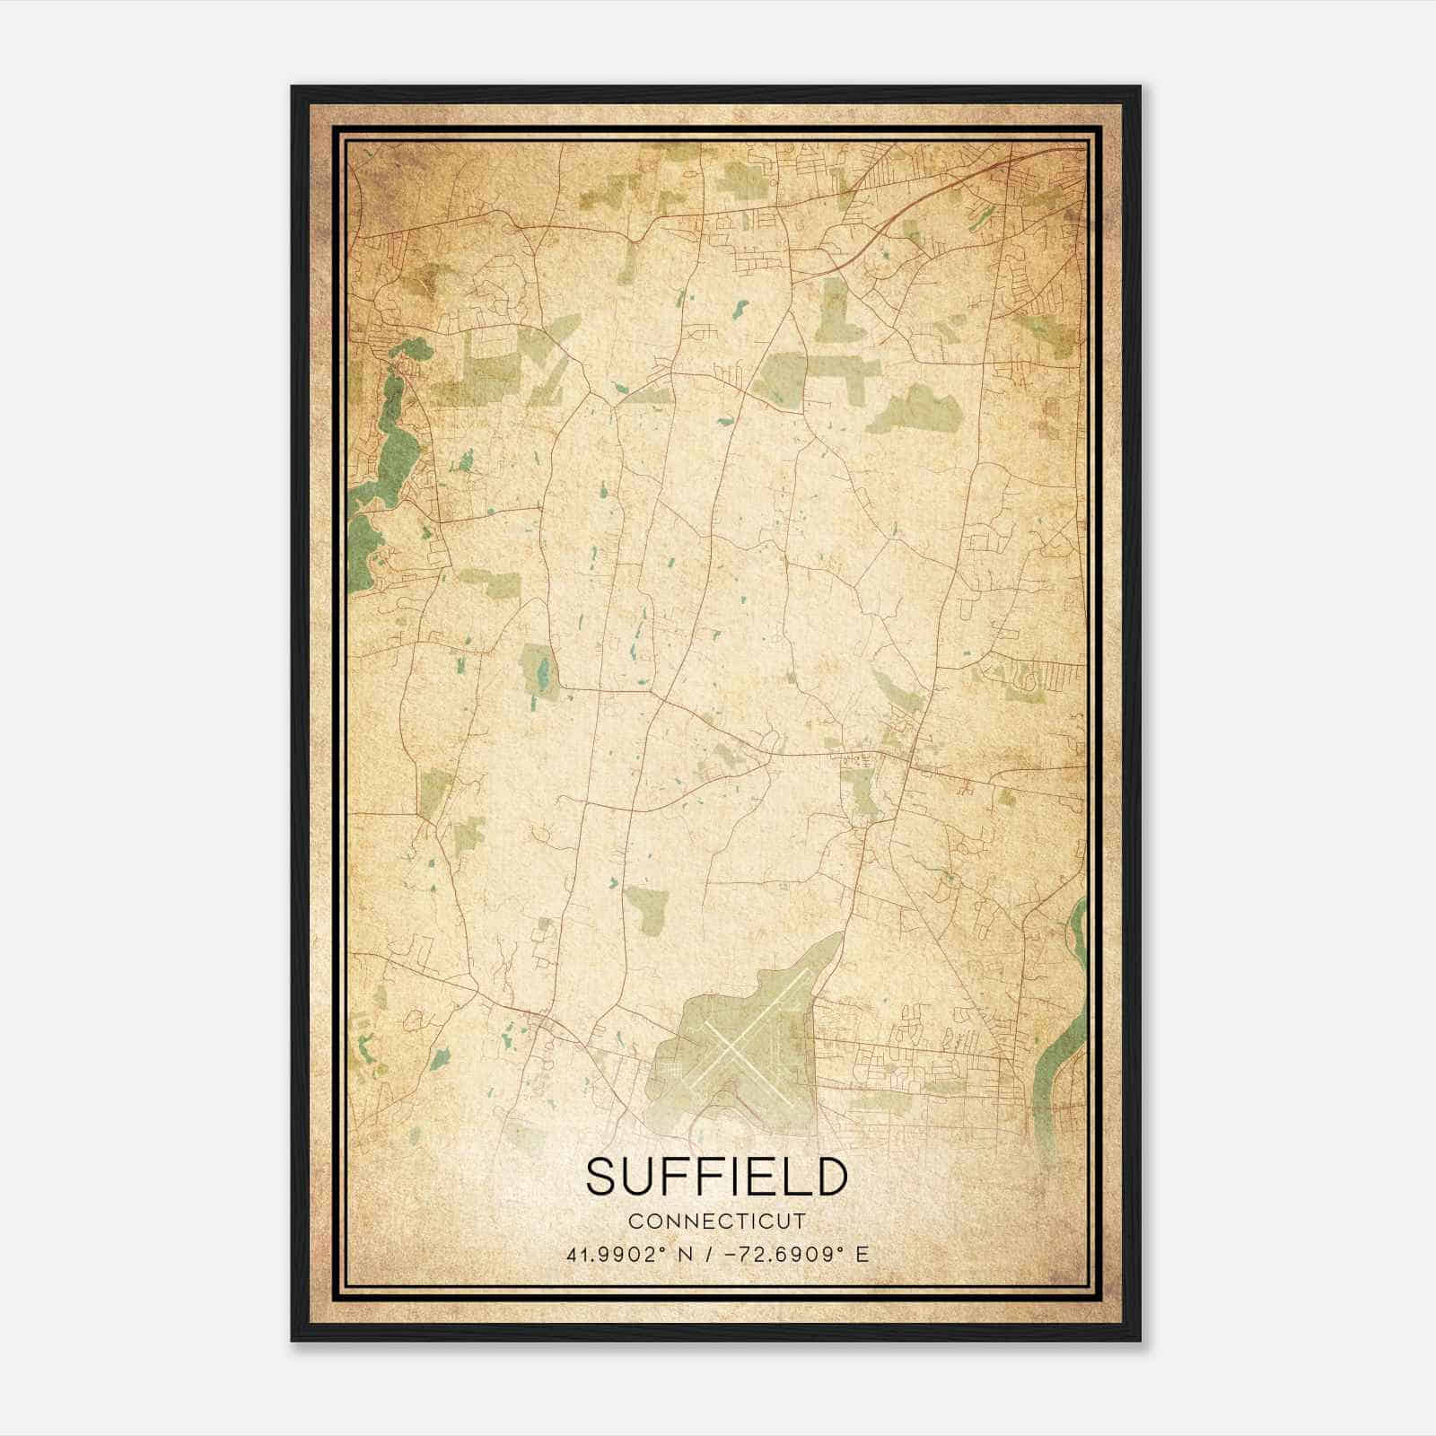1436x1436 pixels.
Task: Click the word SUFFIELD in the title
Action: [x=717, y=1177]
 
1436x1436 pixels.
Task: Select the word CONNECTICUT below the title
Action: [x=717, y=1221]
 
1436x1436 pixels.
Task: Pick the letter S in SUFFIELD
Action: [x=602, y=1177]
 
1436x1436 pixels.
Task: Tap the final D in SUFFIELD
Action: [x=831, y=1177]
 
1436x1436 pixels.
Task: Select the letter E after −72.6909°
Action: [x=862, y=1255]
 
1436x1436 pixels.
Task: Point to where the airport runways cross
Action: [x=734, y=1047]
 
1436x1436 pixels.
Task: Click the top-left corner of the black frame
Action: [x=293, y=88]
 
